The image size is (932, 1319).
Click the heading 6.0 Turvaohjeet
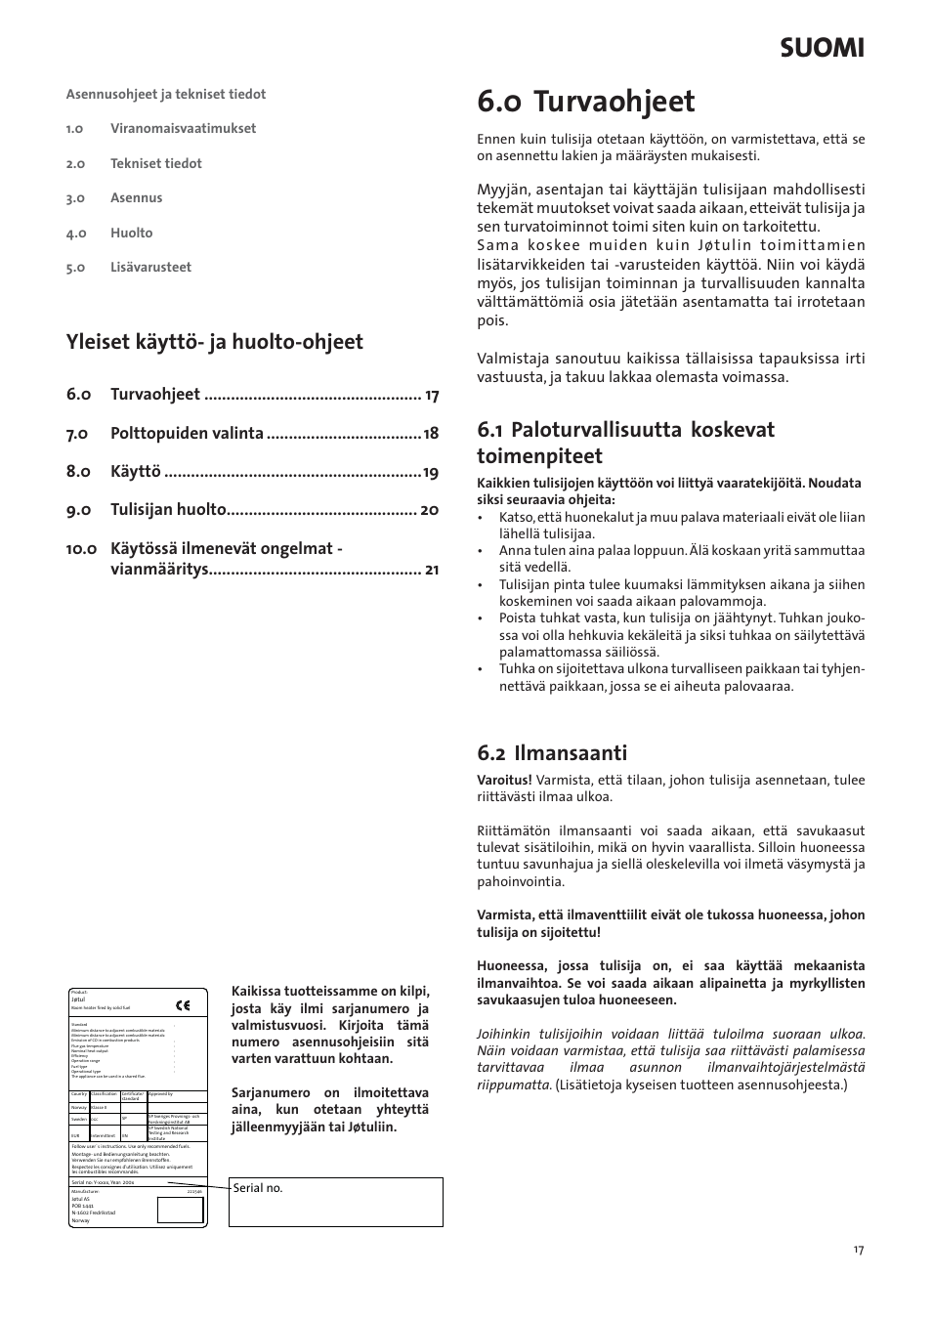(586, 102)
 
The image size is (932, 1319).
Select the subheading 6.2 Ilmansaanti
(552, 752)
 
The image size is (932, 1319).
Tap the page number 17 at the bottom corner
(858, 1250)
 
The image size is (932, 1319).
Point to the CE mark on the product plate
(183, 1004)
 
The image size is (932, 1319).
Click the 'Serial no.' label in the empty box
(258, 1188)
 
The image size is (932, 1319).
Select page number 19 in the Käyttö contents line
(430, 472)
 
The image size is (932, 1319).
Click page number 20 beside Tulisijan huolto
(429, 510)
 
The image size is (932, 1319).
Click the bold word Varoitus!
(504, 780)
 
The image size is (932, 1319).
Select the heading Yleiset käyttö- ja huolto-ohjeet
(215, 341)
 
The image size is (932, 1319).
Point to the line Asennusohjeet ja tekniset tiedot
(166, 94)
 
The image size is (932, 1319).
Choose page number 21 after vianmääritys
(432, 570)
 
